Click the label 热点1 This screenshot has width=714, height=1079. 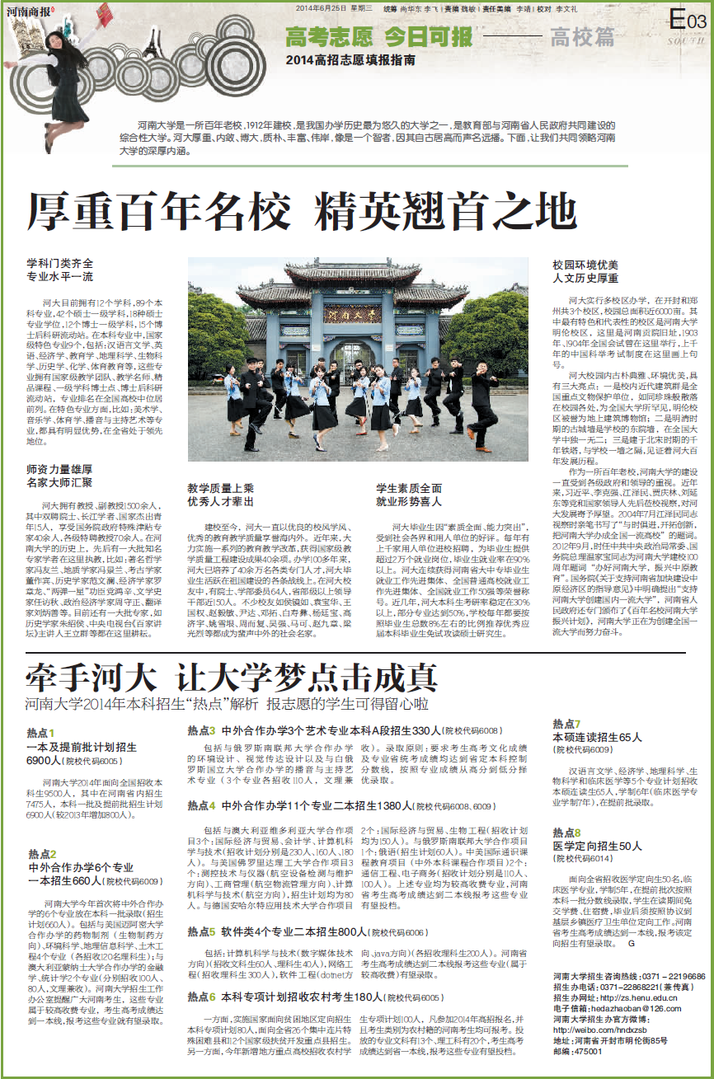(x=40, y=732)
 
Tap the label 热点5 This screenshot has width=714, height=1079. (x=201, y=932)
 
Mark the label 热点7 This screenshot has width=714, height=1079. (x=566, y=723)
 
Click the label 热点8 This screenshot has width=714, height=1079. (x=566, y=833)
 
